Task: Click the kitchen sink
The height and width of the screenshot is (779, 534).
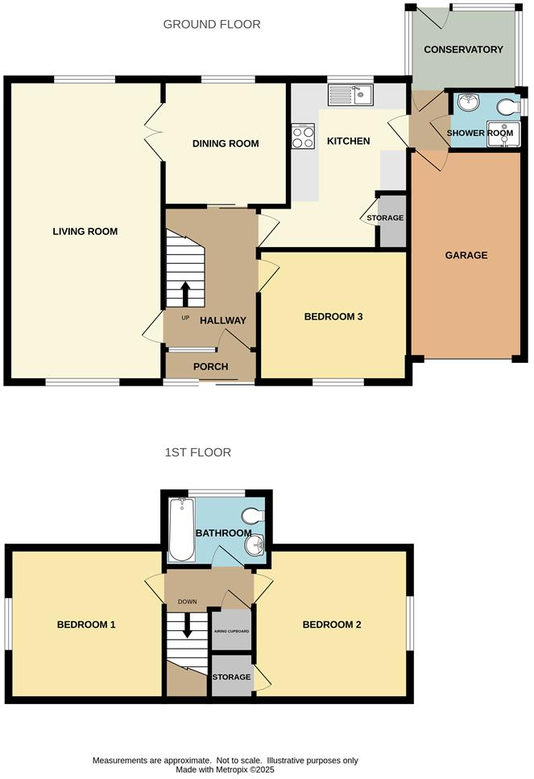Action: coord(350,96)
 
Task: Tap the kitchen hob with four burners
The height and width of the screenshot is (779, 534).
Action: coord(303,136)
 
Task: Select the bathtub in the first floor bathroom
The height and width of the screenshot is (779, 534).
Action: coord(181,529)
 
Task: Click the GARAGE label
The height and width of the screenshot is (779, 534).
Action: coord(466,255)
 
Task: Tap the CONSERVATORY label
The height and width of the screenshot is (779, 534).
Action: coord(463,50)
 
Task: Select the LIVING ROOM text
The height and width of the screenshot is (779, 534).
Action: coord(85,232)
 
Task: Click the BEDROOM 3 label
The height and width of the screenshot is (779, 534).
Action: coord(333,317)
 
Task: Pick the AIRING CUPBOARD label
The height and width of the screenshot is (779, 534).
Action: coord(231,632)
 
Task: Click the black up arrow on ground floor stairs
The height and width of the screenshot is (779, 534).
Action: coord(185,294)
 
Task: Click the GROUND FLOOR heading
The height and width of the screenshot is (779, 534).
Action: coord(212,24)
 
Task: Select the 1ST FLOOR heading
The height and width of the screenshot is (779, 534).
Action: coord(198,452)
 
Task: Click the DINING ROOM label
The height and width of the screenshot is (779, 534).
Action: coord(226,144)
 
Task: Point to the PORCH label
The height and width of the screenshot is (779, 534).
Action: coord(211,367)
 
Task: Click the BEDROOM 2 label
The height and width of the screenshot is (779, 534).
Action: coord(331,625)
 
